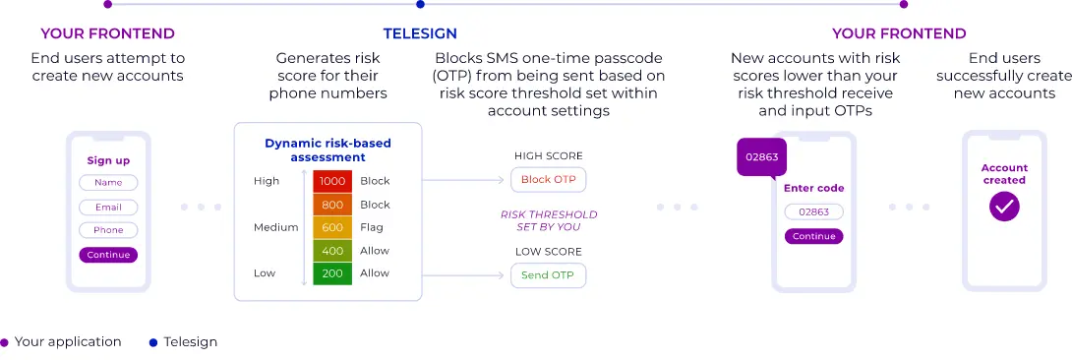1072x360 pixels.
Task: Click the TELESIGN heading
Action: click(420, 33)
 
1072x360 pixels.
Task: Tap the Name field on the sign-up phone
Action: click(108, 183)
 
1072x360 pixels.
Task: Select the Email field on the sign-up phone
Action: click(108, 207)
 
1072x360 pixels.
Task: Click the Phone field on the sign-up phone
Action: click(108, 230)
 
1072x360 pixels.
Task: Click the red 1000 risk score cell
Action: click(332, 181)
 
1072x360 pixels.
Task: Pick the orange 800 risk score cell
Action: click(332, 205)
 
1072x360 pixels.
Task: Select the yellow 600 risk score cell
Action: click(332, 227)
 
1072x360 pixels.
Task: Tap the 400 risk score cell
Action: click(332, 251)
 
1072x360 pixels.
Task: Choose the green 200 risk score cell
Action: click(332, 273)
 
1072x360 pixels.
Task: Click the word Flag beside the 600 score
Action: click(372, 227)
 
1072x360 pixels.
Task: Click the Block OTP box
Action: click(549, 180)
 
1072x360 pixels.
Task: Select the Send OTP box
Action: click(548, 274)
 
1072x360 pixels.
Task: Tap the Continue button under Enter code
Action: click(813, 236)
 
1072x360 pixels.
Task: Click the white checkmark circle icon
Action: click(1004, 207)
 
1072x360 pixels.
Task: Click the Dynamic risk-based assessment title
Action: click(328, 149)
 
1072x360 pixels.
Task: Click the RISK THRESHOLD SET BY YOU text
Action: click(548, 220)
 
